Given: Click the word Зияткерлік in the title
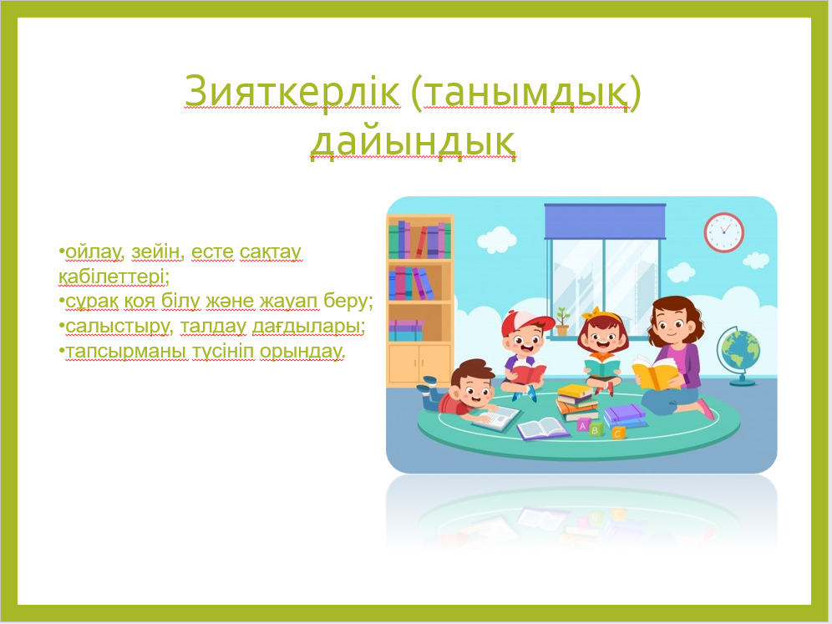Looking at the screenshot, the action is [x=292, y=91].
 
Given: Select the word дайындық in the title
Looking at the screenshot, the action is [x=413, y=141].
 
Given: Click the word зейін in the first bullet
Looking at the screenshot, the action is [x=155, y=251].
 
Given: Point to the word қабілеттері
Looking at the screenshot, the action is [x=113, y=276].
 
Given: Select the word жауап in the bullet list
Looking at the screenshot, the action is [x=289, y=302].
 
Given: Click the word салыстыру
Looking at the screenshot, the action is [x=117, y=327].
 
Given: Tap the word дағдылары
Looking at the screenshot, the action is [x=308, y=327].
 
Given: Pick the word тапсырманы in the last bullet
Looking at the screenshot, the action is [x=126, y=352].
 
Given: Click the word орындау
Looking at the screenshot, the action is [x=302, y=352].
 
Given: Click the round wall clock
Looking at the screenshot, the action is [x=723, y=232].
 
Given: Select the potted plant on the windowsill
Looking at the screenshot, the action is [x=561, y=321].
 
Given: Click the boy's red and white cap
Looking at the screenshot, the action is [x=525, y=322].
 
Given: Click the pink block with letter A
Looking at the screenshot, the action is [x=582, y=425].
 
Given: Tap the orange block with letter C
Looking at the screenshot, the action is [x=617, y=433].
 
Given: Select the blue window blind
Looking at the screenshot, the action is [x=605, y=221].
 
